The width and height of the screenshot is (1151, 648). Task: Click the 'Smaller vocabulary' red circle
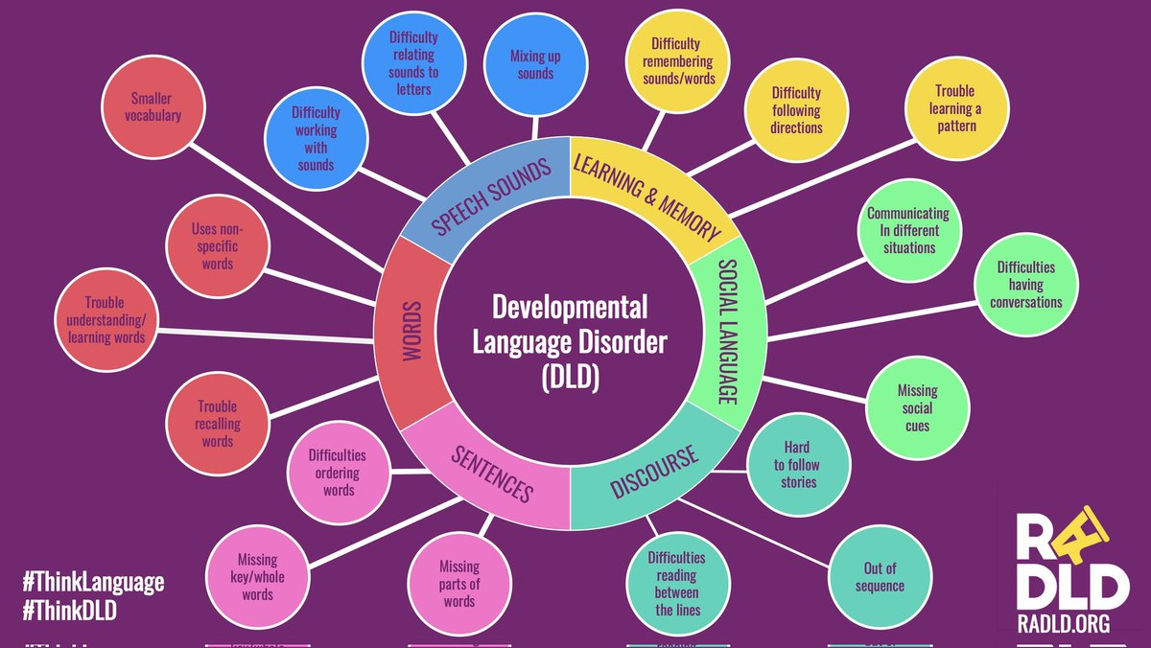pos(155,107)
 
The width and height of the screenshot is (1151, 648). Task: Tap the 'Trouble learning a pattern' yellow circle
pos(954,108)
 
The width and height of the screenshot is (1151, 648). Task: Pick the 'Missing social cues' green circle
pos(917,408)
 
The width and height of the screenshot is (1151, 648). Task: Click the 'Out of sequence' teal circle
pos(879,576)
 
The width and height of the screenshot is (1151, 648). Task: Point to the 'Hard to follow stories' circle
pos(796,464)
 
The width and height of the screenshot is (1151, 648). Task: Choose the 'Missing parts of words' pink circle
pos(458,584)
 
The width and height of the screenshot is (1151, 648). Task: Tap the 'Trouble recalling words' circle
pos(218,424)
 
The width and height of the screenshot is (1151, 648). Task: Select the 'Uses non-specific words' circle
pos(218,247)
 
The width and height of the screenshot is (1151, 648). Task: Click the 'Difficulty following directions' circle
pos(796,109)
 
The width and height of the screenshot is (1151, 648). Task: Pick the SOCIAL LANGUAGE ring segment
pos(728,330)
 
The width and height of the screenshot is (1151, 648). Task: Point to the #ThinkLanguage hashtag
pos(93,582)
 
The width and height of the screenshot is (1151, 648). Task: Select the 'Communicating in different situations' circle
pos(907,231)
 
